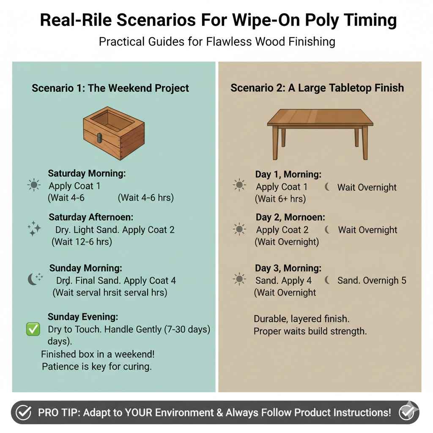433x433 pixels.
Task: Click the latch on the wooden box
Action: [x=100, y=138]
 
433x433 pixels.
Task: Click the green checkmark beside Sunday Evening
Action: [x=33, y=329]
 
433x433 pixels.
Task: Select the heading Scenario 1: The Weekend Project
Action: [x=110, y=88]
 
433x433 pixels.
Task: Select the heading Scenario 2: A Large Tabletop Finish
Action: [x=317, y=88]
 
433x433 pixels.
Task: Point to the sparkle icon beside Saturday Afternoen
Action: [x=34, y=229]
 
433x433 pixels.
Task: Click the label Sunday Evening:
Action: [x=83, y=317]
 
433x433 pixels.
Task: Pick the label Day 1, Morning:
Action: [x=288, y=174]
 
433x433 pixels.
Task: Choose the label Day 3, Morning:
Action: [x=288, y=268]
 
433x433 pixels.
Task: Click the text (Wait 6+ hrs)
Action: [x=280, y=199]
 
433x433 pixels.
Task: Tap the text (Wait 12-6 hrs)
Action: [x=82, y=242]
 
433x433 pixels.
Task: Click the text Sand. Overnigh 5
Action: [x=372, y=280]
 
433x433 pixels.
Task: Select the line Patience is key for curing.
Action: [x=96, y=366]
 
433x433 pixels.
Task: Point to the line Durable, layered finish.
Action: [x=301, y=318]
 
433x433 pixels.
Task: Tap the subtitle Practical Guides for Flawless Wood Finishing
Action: [x=216, y=41]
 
